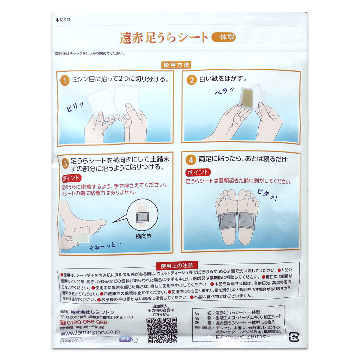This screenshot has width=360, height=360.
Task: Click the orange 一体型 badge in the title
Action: [223, 37]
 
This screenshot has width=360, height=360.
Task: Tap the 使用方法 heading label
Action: [176, 65]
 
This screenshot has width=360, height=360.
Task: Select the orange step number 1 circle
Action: [65, 80]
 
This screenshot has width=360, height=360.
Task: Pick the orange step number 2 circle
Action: [191, 80]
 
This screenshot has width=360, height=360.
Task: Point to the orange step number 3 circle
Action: [65, 163]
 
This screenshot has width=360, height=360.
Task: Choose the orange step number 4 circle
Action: [191, 160]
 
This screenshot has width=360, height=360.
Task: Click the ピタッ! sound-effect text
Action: [267, 195]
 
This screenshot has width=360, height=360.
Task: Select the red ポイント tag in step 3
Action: [71, 178]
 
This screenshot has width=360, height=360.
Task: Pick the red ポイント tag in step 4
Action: [198, 172]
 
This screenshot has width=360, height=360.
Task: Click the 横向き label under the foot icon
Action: [144, 236]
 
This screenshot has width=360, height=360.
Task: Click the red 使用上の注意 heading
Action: [177, 265]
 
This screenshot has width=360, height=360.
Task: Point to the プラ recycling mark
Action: [293, 337]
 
